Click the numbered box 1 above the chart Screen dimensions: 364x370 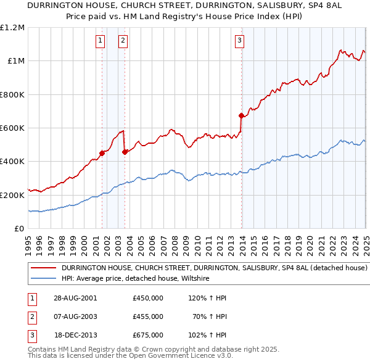[x=101, y=41]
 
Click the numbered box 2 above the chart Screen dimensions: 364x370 [x=123, y=41]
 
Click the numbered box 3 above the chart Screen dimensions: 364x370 [x=239, y=41]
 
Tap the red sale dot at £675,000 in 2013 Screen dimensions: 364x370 [x=241, y=115]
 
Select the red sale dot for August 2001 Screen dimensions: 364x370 [x=102, y=153]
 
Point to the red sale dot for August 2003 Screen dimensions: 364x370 [x=125, y=152]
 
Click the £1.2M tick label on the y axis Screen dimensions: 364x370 [x=12, y=28]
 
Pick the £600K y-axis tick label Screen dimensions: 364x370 [x=12, y=128]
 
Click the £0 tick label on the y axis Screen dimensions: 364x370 [x=19, y=229]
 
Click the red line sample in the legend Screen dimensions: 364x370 [x=43, y=268]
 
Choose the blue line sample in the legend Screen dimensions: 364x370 [x=43, y=279]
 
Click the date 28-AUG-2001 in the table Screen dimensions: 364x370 [x=75, y=298]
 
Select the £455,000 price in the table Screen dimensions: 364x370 [x=148, y=316]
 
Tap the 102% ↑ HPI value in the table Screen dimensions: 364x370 [x=207, y=335]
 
